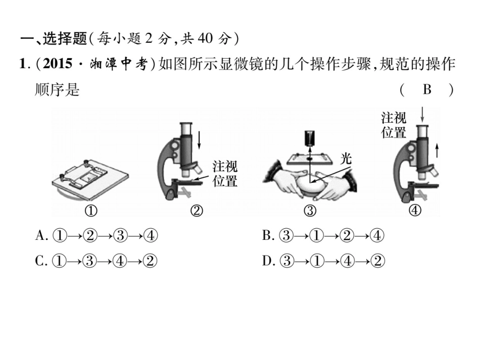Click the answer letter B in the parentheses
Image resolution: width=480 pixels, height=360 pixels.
tap(427, 90)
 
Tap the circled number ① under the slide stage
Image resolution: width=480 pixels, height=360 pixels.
tap(91, 212)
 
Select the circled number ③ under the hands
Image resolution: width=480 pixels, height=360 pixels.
tap(310, 212)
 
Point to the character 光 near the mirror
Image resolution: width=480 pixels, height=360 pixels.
tap(345, 159)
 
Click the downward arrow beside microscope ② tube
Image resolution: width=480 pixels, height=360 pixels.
tap(200, 140)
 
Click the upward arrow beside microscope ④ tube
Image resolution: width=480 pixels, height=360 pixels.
tap(438, 150)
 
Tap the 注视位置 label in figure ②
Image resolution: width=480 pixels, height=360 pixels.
tap(225, 174)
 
